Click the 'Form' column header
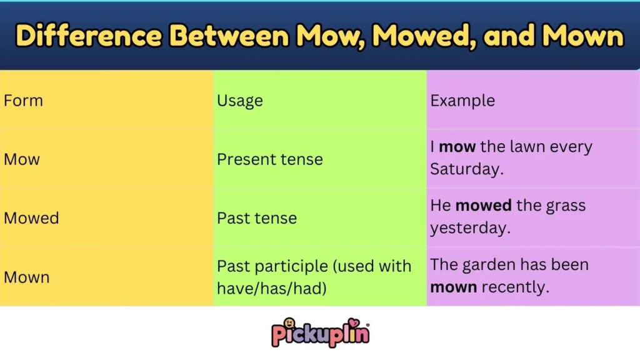pos(23,101)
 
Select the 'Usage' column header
pos(240,101)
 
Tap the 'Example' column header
pos(462,101)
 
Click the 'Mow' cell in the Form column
pos(22,159)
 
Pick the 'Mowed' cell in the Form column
pos(31,218)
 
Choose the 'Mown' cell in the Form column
pos(26,277)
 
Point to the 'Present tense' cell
pos(270,159)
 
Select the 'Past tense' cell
pos(257,218)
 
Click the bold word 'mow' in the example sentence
pos(457,147)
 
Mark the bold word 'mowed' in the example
pos(484,206)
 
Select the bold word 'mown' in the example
pos(454,288)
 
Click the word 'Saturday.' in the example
pos(467,169)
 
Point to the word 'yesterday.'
pos(471,228)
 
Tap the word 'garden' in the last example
pos(486,265)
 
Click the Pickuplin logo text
pos(320,334)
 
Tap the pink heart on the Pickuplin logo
pos(356,323)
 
